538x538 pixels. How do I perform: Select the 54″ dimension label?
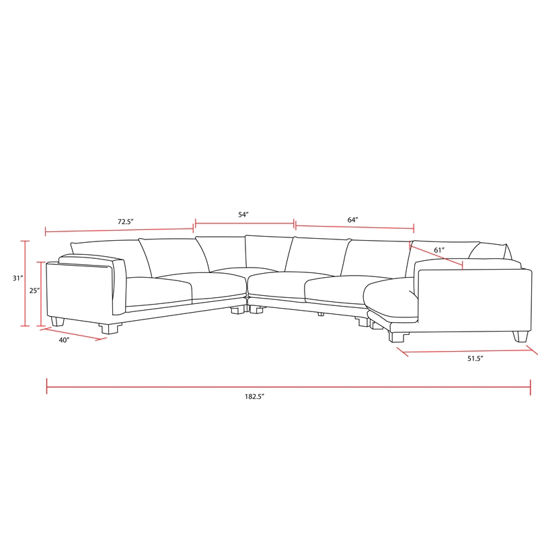pos(243,215)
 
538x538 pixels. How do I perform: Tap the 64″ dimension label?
pos(353,220)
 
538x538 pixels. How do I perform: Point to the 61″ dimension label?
pos(440,250)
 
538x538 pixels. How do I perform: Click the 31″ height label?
pos(17,278)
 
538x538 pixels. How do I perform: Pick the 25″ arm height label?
pos(35,291)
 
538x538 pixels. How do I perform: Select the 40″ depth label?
pos(64,340)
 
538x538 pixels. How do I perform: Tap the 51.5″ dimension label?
pos(475,359)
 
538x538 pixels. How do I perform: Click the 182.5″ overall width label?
pos(255,397)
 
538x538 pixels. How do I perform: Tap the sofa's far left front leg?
pos(58,322)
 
